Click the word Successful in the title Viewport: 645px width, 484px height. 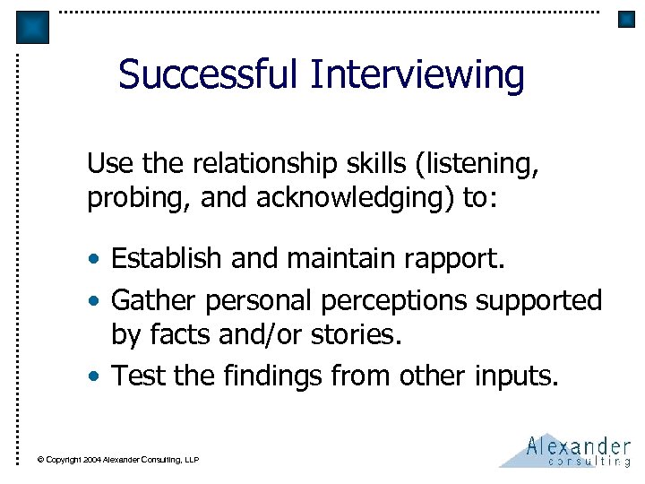[210, 74]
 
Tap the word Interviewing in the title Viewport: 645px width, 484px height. [417, 74]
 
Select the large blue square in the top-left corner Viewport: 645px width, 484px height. [33, 28]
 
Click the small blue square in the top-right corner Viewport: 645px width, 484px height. [626, 19]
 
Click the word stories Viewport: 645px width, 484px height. [355, 334]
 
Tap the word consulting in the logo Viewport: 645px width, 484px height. [589, 462]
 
